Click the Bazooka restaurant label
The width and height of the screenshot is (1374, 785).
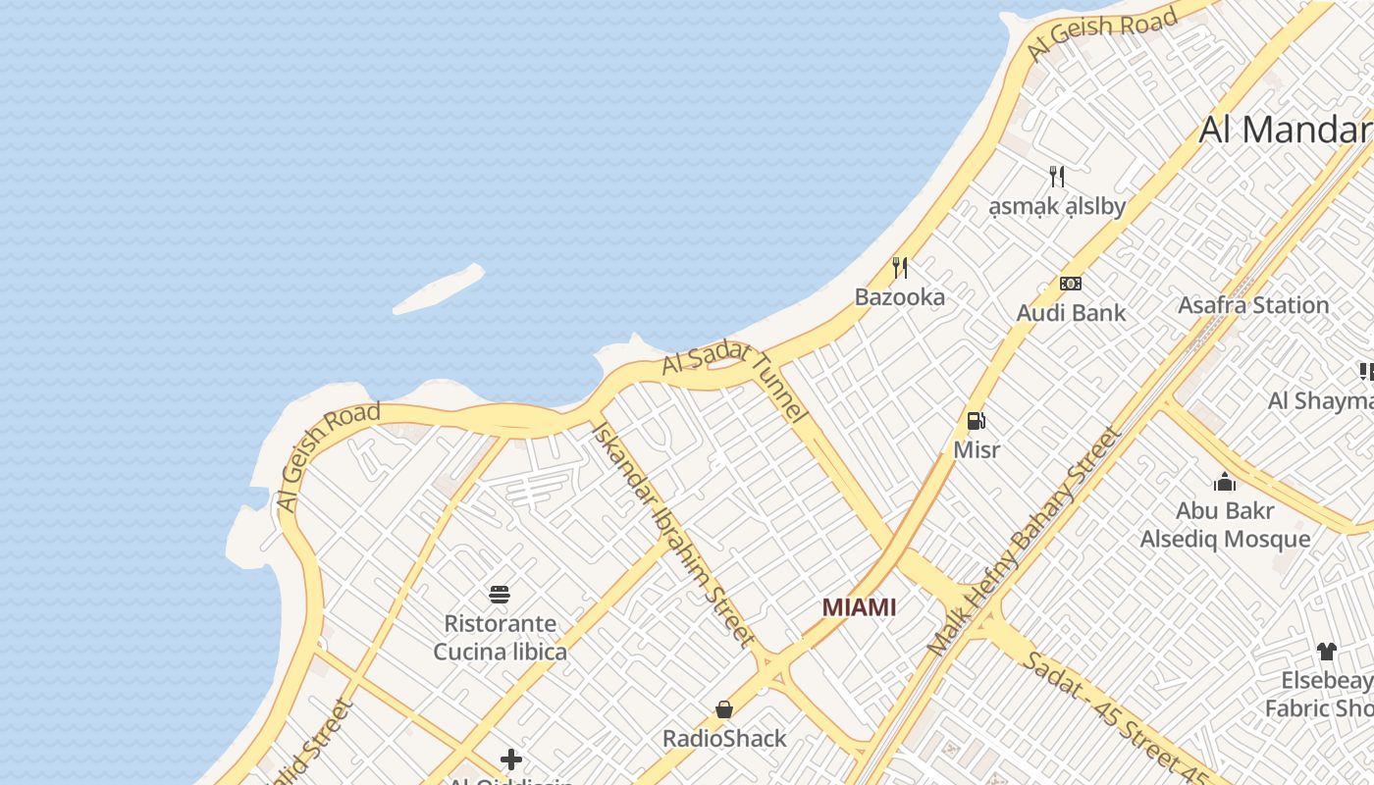(x=900, y=296)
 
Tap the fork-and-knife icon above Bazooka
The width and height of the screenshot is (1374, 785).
(x=899, y=267)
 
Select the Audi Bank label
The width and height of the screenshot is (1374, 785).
(x=1071, y=313)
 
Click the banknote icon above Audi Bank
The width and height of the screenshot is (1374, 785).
(x=1071, y=284)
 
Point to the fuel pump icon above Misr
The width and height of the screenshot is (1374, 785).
(x=977, y=421)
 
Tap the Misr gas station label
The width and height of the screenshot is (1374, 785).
(x=977, y=449)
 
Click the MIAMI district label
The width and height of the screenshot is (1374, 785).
(x=859, y=607)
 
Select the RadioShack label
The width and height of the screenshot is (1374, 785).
(x=724, y=739)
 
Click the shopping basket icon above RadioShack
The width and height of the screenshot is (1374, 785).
(x=724, y=708)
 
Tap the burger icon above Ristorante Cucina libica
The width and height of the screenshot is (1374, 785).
(x=500, y=594)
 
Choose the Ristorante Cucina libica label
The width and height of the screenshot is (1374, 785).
(x=501, y=638)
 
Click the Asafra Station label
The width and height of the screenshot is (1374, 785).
(x=1253, y=305)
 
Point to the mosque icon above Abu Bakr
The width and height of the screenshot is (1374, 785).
(x=1225, y=482)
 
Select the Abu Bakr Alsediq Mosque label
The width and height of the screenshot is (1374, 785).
(x=1225, y=525)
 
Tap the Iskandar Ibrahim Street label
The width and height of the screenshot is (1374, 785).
(x=673, y=534)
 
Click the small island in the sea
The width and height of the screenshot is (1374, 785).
(x=439, y=289)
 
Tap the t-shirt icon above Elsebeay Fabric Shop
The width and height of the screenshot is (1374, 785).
(x=1326, y=651)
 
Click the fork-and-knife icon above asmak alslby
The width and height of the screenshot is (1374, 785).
(x=1056, y=177)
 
